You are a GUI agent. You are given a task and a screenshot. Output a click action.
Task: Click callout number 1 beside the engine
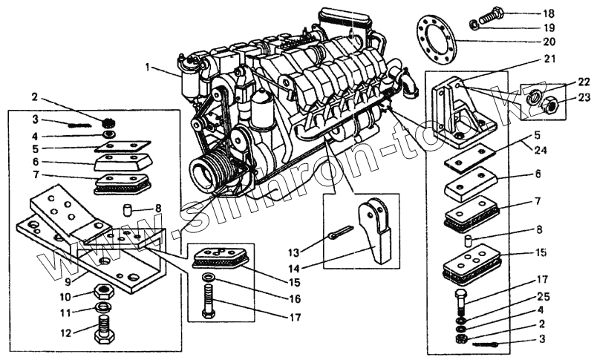point(148,68)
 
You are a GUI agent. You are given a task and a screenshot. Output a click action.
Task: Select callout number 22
point(565,82)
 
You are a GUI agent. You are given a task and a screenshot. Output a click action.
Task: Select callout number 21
point(549,58)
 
